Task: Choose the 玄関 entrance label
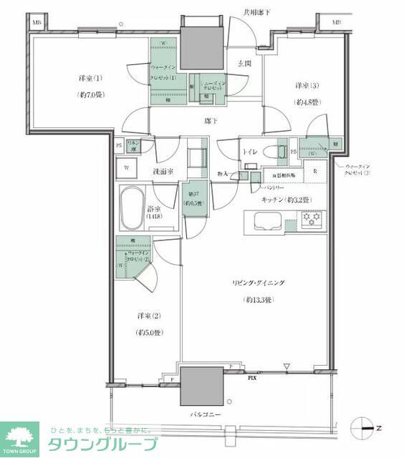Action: coord(242,63)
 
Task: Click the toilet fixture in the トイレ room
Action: coord(269,152)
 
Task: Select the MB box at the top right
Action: coord(336,22)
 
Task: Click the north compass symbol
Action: coord(365,429)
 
